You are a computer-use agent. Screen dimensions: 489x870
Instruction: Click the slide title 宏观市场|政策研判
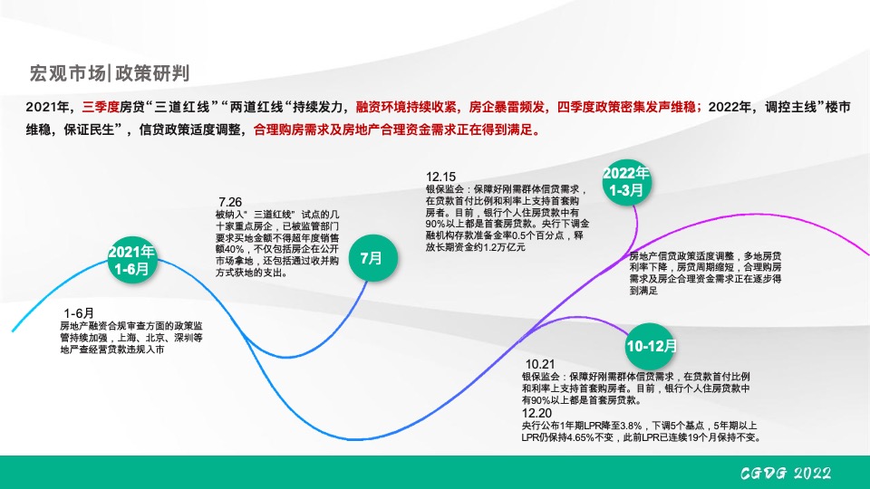[110, 72]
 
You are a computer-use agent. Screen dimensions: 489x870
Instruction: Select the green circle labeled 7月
[372, 258]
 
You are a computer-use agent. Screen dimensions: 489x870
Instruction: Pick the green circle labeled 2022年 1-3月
[626, 181]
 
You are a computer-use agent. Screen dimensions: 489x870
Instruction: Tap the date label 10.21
[539, 363]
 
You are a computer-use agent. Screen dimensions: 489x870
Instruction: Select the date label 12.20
[536, 412]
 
